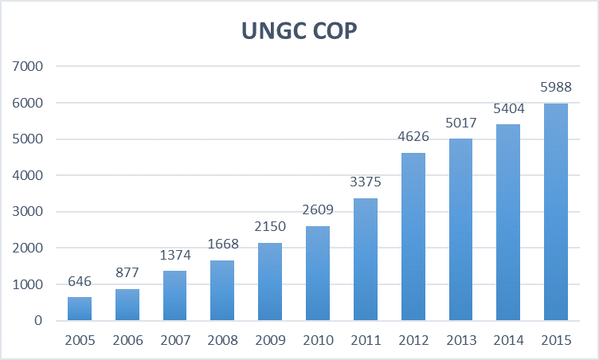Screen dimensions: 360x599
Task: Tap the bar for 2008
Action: coord(223,291)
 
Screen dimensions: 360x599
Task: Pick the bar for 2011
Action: coord(366,260)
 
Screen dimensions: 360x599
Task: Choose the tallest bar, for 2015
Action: coord(555,212)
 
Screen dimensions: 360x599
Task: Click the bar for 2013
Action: coord(460,229)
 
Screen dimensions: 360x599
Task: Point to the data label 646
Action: coord(80,281)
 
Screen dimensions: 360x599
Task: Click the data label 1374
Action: coord(175,255)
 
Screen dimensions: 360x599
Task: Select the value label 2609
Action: coord(318,210)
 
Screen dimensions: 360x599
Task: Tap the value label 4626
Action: coord(413,137)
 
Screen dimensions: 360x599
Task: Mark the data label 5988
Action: coord(555,88)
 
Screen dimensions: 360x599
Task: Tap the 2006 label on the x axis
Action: coord(128,340)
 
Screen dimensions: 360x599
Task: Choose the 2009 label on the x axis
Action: coord(271,340)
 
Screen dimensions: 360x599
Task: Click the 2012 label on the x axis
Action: coord(413,340)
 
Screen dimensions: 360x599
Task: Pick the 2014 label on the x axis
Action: coord(507,340)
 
